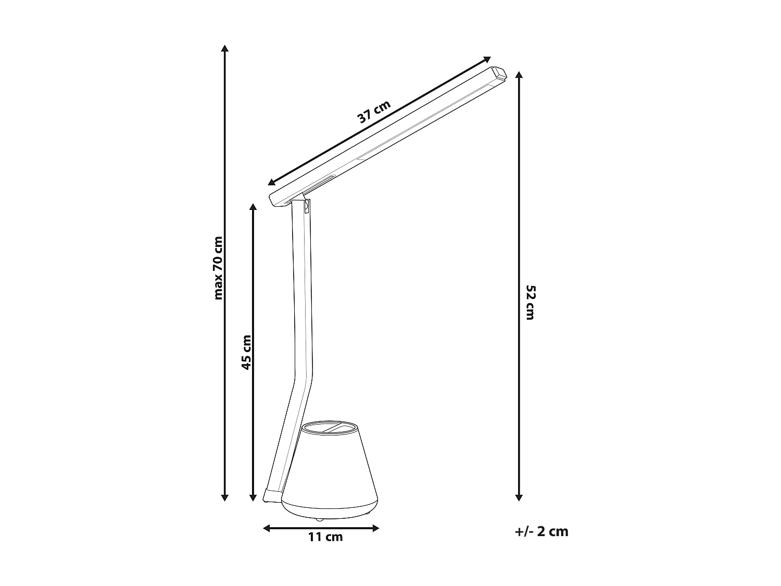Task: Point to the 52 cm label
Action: [530, 302]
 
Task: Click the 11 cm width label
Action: [325, 537]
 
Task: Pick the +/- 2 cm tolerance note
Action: [541, 531]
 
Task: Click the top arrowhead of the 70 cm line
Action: [224, 48]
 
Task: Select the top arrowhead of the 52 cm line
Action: [519, 74]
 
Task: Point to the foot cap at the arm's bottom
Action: [272, 495]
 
